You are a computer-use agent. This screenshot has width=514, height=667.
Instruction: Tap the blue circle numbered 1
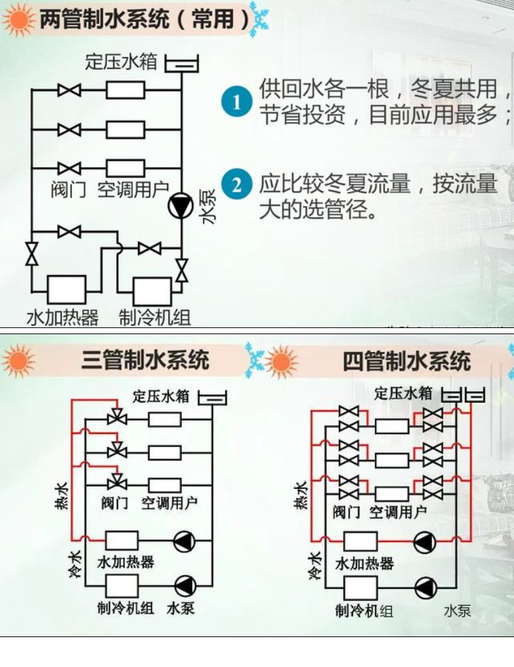(x=236, y=103)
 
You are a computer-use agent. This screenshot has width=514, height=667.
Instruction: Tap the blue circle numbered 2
(x=236, y=185)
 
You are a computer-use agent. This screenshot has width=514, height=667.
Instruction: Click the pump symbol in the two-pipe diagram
(x=181, y=209)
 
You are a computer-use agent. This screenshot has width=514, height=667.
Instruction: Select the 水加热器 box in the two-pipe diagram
(x=66, y=290)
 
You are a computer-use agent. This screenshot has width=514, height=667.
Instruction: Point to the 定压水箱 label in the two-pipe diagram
(x=121, y=62)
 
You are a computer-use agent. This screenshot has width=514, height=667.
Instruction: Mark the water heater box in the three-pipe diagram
(x=122, y=541)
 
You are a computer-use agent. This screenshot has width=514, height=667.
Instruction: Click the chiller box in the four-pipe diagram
(x=361, y=586)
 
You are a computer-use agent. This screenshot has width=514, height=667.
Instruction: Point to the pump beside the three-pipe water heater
(x=183, y=541)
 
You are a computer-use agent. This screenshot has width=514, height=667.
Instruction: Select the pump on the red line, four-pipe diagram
(x=424, y=541)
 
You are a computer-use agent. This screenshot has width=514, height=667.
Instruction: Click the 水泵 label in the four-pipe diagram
(x=457, y=611)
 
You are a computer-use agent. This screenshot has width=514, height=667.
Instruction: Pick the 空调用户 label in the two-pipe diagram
(x=133, y=189)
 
